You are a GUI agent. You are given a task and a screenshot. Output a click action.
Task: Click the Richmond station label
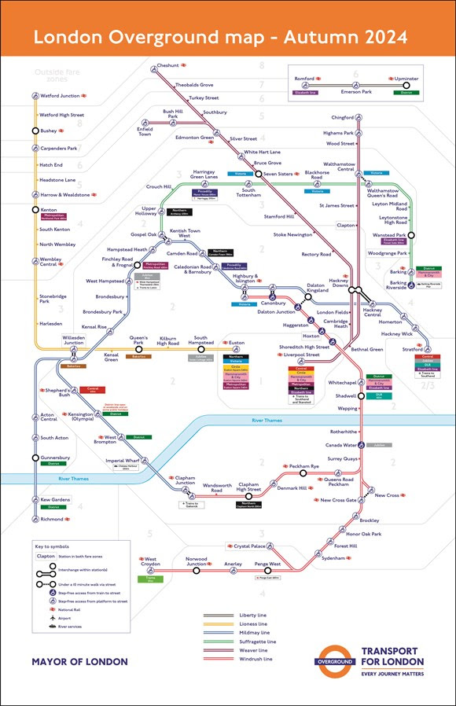pyautogui.click(x=52, y=520)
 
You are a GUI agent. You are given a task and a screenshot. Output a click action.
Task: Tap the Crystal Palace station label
pyautogui.click(x=252, y=546)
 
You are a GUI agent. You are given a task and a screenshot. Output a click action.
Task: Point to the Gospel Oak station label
pyautogui.click(x=143, y=234)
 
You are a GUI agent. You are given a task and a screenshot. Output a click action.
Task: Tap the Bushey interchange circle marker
pyautogui.click(x=35, y=131)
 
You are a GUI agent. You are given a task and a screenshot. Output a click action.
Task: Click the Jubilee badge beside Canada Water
pyautogui.click(x=380, y=445)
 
